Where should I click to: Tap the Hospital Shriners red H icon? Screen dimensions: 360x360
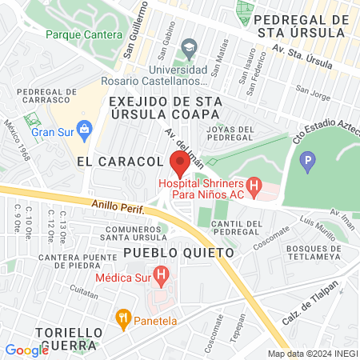[x=254, y=189]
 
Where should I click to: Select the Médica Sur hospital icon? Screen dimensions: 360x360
[x=162, y=278]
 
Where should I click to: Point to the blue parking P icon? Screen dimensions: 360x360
[x=306, y=164]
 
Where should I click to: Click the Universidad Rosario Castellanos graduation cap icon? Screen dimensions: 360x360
[x=190, y=46]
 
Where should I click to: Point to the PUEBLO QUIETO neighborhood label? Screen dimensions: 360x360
[x=178, y=252]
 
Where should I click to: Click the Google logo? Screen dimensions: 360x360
[x=26, y=350]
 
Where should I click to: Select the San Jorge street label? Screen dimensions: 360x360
[x=312, y=90]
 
